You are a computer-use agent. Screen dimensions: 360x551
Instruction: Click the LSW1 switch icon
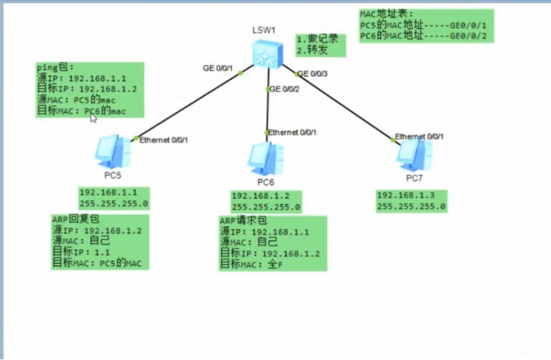click(267, 53)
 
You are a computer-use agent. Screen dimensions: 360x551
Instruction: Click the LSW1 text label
click(263, 30)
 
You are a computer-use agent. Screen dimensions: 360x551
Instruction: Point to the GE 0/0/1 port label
click(218, 68)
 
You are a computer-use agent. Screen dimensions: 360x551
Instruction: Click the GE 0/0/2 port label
click(284, 89)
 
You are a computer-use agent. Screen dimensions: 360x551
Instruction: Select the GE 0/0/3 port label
click(313, 74)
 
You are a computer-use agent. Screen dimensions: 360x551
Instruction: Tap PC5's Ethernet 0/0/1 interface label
click(164, 140)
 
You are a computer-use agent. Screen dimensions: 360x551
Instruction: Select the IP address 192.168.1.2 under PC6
click(260, 197)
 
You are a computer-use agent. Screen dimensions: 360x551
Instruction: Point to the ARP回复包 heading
click(75, 219)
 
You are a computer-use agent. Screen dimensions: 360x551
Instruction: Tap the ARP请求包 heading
click(243, 220)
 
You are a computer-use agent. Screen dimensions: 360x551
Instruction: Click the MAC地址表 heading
click(387, 14)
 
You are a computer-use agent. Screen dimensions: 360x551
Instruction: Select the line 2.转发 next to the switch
click(313, 49)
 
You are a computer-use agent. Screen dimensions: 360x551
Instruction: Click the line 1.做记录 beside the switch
click(318, 39)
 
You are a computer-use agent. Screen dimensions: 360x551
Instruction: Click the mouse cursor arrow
click(93, 118)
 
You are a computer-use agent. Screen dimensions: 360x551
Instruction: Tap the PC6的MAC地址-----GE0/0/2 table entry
click(423, 36)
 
